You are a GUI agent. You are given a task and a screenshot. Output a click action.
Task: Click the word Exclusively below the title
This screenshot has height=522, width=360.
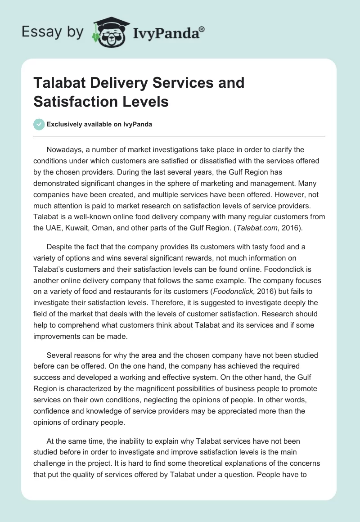coord(63,124)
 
